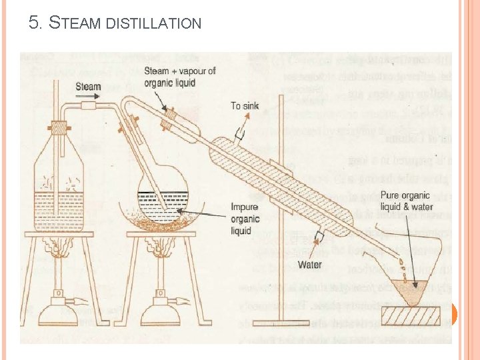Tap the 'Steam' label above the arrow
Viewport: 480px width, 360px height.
[89, 86]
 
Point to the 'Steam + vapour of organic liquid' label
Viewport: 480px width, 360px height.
[179, 77]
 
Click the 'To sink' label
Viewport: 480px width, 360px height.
[245, 105]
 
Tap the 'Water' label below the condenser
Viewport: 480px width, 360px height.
[309, 265]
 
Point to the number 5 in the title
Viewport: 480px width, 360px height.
[33, 23]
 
